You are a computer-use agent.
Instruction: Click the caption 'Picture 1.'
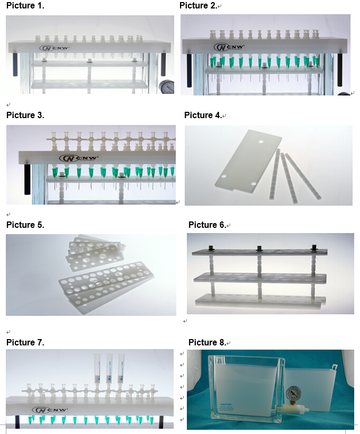25,6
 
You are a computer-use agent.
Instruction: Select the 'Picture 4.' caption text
203,115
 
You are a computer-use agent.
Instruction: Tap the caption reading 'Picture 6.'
207,225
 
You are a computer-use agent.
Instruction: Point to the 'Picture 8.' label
207,343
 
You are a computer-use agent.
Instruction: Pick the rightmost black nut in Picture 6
314,247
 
